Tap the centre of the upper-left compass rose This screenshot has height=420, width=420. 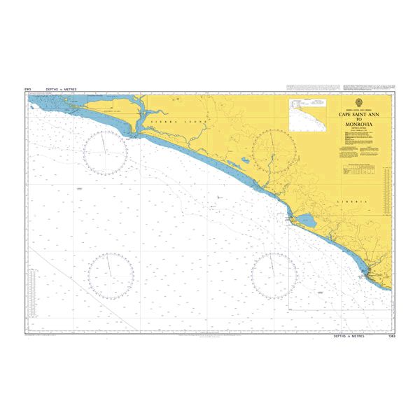click(x=105, y=152)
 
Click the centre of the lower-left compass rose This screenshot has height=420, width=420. click(x=111, y=273)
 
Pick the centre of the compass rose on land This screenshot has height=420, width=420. click(x=273, y=152)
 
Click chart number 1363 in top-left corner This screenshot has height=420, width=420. click(x=29, y=90)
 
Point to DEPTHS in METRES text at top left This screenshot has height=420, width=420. click(x=60, y=90)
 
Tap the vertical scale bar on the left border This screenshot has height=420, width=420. click(x=28, y=210)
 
